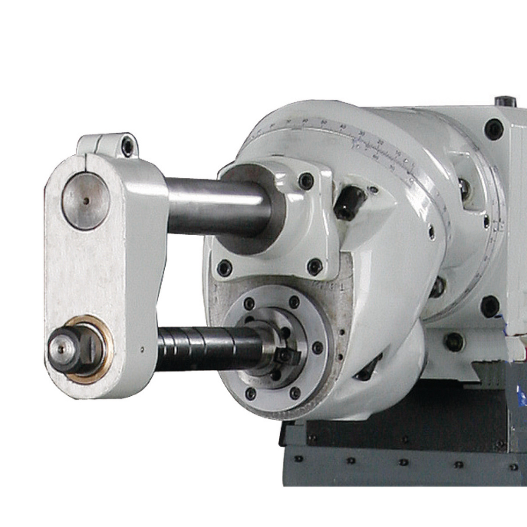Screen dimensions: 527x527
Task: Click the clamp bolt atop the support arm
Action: point(127,147)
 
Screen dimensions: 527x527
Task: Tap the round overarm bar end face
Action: point(85,201)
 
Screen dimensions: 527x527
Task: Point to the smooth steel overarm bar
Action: point(216,206)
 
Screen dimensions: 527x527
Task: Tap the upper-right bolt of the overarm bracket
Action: point(306,181)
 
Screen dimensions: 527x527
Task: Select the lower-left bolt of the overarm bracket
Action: point(224,268)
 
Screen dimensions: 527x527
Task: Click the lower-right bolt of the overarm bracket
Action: point(314,267)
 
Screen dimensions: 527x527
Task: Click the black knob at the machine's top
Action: point(505,101)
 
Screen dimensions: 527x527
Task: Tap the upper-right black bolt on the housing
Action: point(494,129)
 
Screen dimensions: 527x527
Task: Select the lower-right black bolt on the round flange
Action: point(489,306)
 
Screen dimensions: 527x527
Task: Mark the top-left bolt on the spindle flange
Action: point(250,304)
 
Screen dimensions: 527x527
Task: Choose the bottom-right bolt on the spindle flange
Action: point(295,393)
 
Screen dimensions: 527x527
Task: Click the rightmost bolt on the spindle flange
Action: point(318,348)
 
